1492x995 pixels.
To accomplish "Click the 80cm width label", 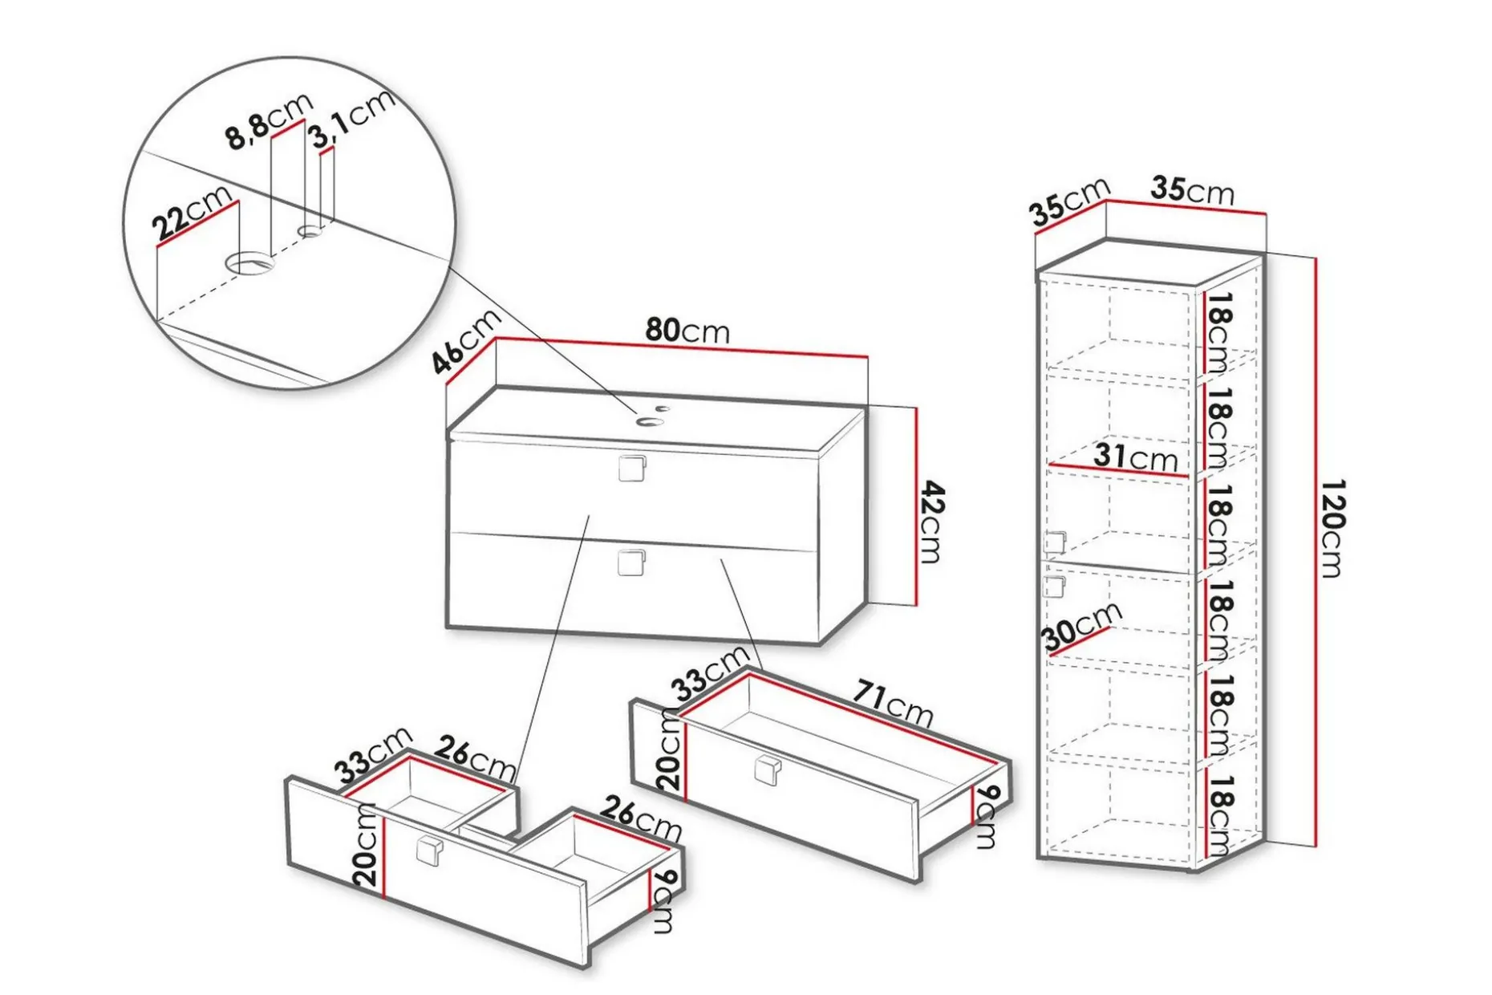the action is coord(687,330).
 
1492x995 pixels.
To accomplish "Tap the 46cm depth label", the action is coord(465,341).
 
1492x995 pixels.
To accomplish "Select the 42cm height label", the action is coord(931,522).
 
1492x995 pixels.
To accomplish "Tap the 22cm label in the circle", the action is coord(193,213).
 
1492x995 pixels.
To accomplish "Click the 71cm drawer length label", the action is coord(892,702).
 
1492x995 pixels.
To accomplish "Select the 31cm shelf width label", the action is coord(1135,457).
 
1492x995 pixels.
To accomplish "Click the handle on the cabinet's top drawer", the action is coord(632,468).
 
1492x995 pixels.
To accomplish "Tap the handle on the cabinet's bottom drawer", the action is coord(632,562).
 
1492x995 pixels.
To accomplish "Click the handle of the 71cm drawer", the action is coord(768,770).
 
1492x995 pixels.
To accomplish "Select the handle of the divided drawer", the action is coord(430,851).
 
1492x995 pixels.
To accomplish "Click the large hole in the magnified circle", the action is coord(249,262).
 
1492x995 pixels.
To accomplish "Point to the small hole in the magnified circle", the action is coord(310,232).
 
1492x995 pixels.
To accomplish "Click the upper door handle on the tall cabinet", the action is coord(1055,542).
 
